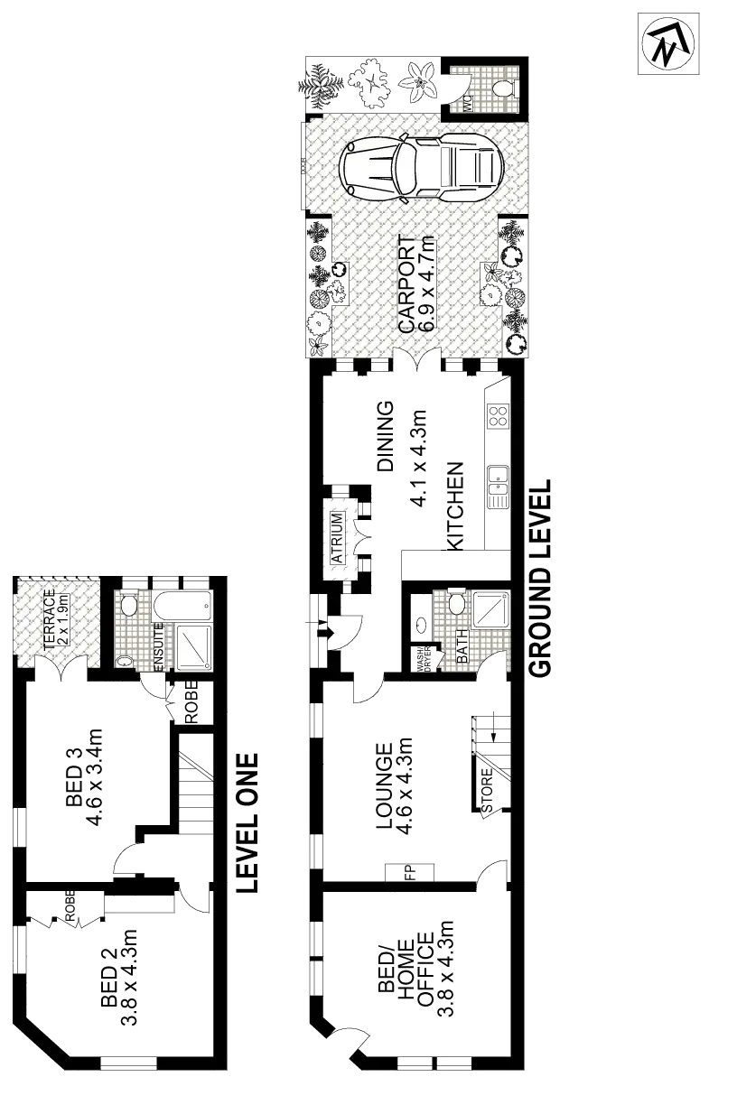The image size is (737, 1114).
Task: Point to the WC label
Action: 468,101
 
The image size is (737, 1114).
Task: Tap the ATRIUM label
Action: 337,538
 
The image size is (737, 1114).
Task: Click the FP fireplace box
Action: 408,872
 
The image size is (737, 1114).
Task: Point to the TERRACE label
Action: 50,618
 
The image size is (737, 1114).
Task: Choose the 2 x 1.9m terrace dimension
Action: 63,618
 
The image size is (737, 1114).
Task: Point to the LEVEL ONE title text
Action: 245,822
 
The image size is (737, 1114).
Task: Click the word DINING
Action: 386,437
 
